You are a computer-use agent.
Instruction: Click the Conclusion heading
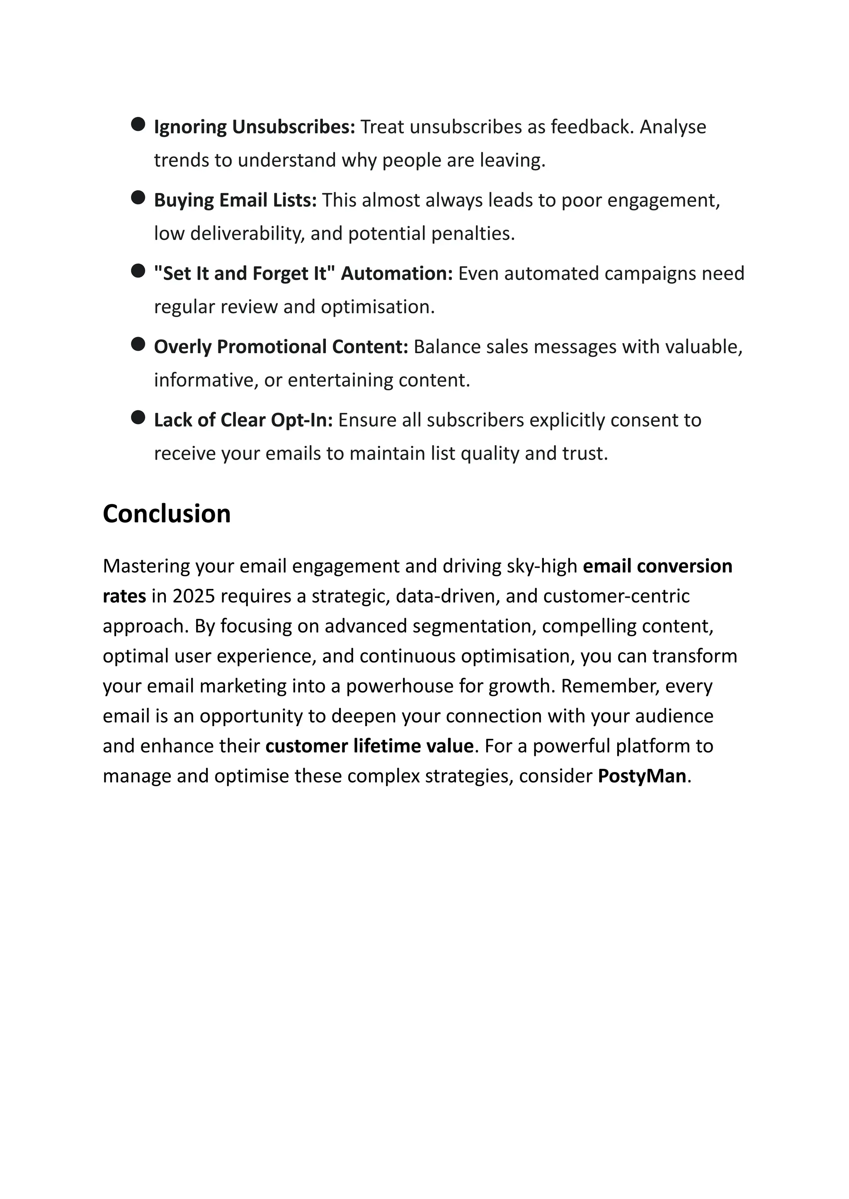click(x=166, y=514)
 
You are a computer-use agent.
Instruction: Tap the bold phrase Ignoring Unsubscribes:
click(x=254, y=127)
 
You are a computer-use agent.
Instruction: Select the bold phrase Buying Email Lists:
click(x=235, y=200)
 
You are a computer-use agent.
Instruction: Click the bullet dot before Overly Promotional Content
click(x=138, y=344)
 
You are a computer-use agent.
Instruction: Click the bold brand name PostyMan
click(x=641, y=775)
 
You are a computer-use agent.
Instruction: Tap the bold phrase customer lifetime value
click(x=369, y=746)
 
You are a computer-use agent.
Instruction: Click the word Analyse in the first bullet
click(x=673, y=127)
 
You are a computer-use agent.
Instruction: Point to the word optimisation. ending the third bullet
click(x=378, y=307)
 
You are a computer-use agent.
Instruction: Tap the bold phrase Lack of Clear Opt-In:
click(x=243, y=420)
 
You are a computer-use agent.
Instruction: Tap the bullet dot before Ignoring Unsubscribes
click(x=138, y=124)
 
